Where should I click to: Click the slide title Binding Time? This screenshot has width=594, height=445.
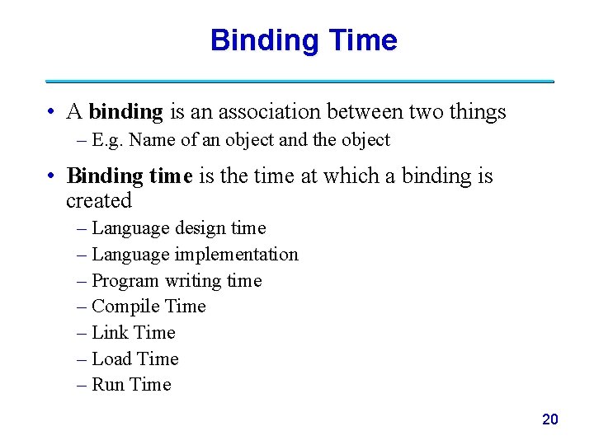point(304,40)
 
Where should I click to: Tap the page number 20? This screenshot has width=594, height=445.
point(549,419)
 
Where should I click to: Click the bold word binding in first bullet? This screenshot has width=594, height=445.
point(125,112)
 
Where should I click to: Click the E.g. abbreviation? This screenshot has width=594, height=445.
point(108,141)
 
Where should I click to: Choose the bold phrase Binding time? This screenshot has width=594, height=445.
point(130,176)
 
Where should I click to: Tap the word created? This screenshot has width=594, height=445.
point(99,201)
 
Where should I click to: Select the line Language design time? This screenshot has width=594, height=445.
point(178,228)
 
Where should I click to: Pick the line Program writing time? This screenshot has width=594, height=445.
point(177,281)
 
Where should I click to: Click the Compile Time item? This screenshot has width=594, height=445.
point(148,307)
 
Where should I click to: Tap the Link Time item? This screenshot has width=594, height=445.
point(134,333)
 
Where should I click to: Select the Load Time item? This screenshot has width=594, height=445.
point(135,359)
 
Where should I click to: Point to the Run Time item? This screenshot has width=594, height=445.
point(131,385)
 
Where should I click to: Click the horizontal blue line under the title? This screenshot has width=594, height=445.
point(299,82)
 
